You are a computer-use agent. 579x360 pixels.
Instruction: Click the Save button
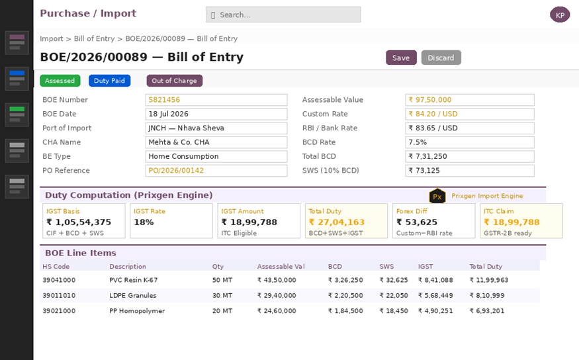tap(401, 58)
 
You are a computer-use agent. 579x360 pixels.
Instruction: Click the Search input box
tap(283, 15)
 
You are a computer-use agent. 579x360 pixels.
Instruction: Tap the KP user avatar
tap(560, 15)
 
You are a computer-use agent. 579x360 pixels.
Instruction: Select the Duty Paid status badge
tap(109, 81)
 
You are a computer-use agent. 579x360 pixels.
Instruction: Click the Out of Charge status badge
tap(174, 81)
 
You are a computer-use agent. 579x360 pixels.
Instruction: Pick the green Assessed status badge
tap(60, 81)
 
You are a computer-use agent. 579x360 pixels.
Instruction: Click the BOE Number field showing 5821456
tap(216, 100)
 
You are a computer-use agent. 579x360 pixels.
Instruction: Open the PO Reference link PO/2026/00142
tap(176, 171)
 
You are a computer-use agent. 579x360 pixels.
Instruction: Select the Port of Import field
tap(216, 128)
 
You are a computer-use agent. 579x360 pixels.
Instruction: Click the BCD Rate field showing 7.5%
tap(470, 142)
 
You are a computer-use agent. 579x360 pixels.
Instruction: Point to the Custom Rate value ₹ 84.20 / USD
tap(433, 114)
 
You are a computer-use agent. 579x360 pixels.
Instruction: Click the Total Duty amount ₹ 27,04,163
tap(336, 222)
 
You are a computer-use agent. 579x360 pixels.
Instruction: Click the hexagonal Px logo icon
tap(437, 196)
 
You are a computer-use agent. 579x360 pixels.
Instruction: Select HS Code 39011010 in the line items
tap(59, 295)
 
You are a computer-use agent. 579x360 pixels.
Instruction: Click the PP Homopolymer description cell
tap(137, 311)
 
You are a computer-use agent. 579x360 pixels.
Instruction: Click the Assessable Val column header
tap(281, 267)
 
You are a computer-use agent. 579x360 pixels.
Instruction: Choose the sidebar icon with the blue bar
tap(17, 79)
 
